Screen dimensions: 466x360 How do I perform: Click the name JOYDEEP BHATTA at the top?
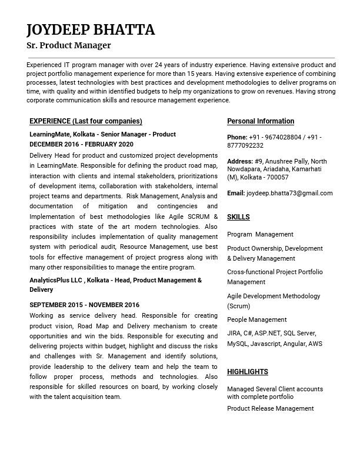tap(91, 30)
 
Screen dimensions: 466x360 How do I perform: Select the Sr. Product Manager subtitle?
tap(68, 45)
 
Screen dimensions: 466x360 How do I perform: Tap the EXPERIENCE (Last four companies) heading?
tap(86, 121)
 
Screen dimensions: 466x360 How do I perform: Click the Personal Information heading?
tap(261, 121)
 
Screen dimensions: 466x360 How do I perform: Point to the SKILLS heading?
tap(238, 217)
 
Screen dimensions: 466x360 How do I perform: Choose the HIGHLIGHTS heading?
tap(248, 372)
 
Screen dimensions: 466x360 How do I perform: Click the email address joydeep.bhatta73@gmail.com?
tap(289, 193)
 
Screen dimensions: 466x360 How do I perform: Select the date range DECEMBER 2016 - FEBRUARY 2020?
tap(81, 144)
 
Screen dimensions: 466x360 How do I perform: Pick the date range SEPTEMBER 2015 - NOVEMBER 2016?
tap(84, 305)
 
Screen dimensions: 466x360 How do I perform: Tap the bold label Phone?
tap(237, 137)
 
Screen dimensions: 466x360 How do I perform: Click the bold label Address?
tap(240, 161)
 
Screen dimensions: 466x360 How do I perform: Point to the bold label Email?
tap(236, 193)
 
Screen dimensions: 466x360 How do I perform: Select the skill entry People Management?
tap(256, 319)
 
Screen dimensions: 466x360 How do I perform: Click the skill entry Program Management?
tap(260, 234)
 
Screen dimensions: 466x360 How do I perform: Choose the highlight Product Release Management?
tap(270, 408)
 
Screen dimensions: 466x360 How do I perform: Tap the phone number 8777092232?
tap(245, 145)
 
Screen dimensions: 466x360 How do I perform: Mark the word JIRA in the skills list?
tap(234, 334)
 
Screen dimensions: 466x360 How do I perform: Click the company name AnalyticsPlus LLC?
tap(56, 280)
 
